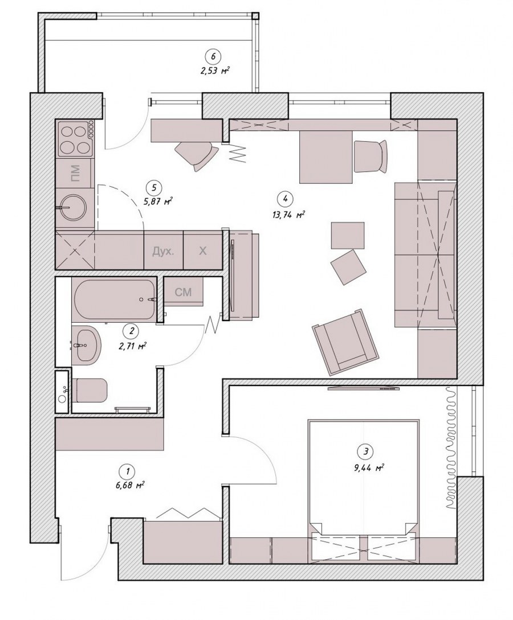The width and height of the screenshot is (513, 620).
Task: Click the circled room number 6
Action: point(213,56)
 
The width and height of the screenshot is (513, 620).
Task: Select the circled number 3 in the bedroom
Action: point(365,450)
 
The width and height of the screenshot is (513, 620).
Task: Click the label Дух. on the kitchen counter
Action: point(164,251)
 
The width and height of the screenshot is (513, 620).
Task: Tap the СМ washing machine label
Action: point(184,292)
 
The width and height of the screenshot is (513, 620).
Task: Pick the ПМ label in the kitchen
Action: point(75,173)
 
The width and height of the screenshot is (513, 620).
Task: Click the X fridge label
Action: point(202,251)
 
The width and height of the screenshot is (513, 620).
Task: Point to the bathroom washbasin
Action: point(86,344)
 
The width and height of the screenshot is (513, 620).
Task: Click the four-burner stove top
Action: point(75,138)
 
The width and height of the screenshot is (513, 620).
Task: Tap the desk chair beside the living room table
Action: point(370,156)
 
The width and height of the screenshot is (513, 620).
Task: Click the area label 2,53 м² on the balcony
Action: point(215,71)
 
